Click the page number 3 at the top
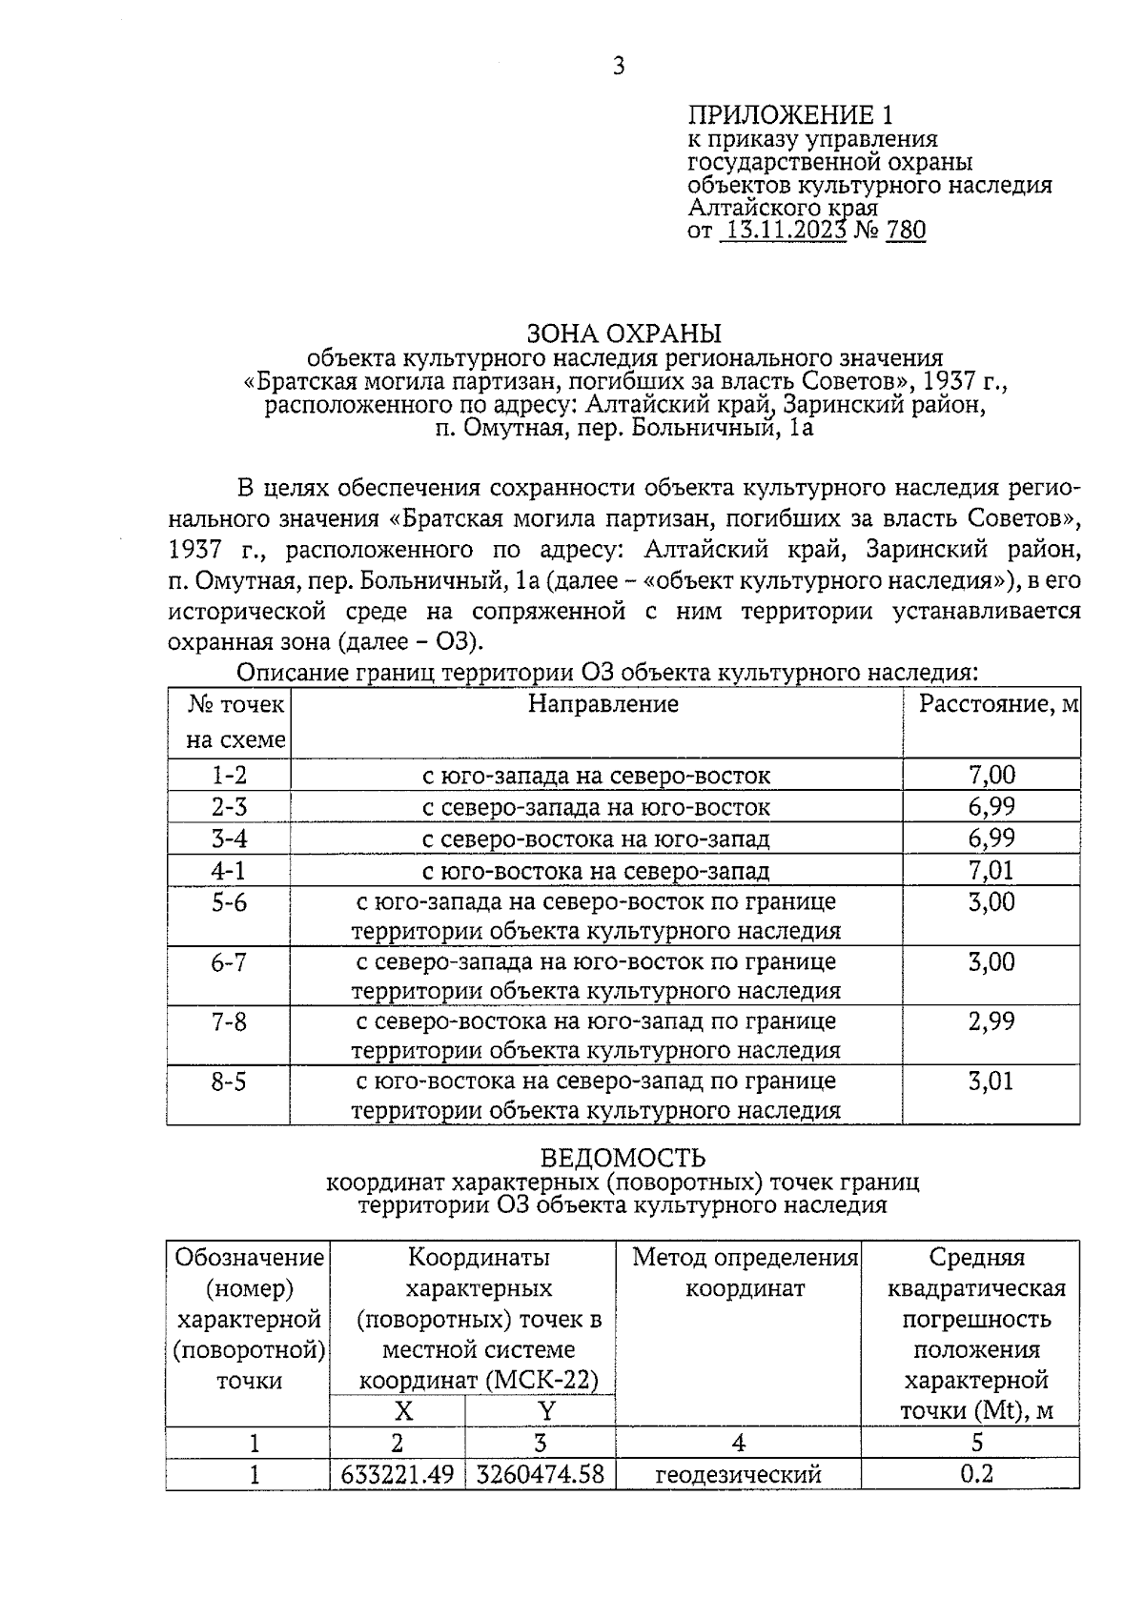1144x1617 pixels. click(x=619, y=66)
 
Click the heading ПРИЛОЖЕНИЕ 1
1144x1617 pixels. click(x=790, y=116)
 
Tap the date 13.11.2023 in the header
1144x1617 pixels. click(x=785, y=230)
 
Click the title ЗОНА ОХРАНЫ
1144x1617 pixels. click(x=624, y=334)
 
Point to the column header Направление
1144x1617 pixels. click(x=603, y=704)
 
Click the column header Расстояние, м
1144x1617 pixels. click(x=997, y=704)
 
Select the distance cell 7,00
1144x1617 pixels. click(x=991, y=775)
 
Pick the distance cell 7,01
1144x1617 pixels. click(x=991, y=870)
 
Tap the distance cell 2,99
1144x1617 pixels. click(x=991, y=1021)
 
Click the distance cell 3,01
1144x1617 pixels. click(x=991, y=1081)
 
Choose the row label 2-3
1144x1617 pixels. click(x=229, y=807)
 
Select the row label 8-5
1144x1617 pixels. click(x=229, y=1082)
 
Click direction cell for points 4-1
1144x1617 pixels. click(x=596, y=871)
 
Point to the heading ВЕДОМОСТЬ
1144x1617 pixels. click(x=623, y=1158)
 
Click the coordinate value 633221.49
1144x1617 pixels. click(x=398, y=1475)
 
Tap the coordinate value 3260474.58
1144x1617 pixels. click(x=540, y=1475)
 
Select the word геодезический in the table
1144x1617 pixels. click(x=738, y=1475)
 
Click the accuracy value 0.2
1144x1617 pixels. click(x=976, y=1474)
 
